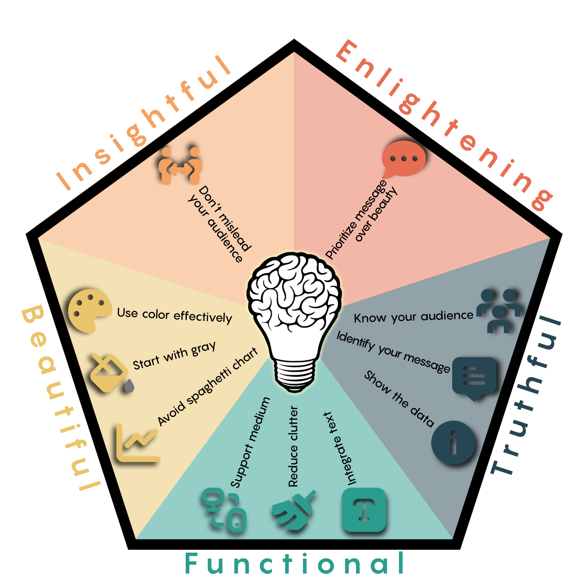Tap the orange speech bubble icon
(404, 159)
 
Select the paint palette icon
(89, 311)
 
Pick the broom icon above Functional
(293, 510)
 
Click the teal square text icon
(364, 510)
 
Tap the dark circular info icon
(453, 443)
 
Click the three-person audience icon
(499, 311)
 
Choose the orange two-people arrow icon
(180, 166)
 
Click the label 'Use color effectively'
(175, 315)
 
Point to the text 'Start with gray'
(175, 355)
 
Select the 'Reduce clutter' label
(293, 447)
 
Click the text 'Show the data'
(399, 399)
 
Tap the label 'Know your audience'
(413, 317)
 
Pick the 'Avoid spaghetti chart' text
(208, 387)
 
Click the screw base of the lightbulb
(294, 376)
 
